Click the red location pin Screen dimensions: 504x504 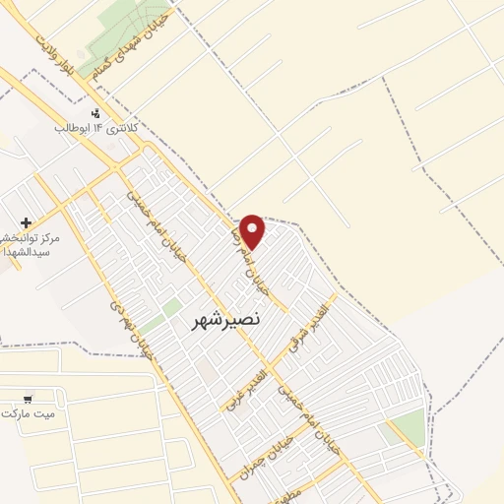[253, 230]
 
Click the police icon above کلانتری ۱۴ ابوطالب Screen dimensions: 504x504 [95, 114]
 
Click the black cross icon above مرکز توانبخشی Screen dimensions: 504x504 [26, 222]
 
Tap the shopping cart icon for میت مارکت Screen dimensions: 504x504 [28, 399]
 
